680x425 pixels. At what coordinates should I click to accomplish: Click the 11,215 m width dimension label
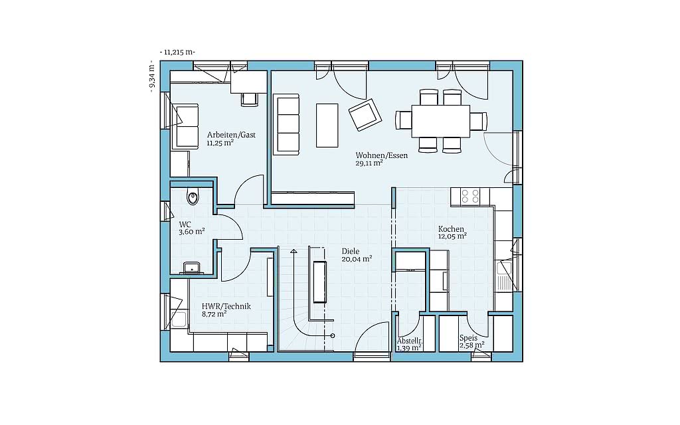[177, 52]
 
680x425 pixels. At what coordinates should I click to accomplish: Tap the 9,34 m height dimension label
[151, 76]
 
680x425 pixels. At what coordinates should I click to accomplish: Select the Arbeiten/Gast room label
[231, 135]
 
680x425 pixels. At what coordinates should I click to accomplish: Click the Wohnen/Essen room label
[382, 155]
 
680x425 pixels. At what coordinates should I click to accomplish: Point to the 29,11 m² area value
[369, 163]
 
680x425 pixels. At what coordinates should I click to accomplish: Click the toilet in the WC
[193, 197]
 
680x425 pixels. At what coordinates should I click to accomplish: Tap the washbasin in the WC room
[191, 268]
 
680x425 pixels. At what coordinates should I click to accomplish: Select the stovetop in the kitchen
[470, 196]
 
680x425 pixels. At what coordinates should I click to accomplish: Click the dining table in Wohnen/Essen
[441, 121]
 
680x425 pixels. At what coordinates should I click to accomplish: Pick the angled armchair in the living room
[365, 114]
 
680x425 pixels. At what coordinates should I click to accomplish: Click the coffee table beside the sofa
[327, 126]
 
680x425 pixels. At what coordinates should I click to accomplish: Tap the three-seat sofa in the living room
[286, 124]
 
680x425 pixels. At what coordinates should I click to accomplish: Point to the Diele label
[351, 252]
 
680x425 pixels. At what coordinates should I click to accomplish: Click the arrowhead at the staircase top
[294, 251]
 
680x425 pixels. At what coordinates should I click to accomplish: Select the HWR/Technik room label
[226, 307]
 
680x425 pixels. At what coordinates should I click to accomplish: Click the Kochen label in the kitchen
[451, 229]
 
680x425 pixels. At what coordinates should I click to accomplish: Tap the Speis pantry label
[468, 338]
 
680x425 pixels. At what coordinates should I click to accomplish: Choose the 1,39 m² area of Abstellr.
[409, 348]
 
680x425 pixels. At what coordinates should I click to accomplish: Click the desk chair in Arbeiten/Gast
[250, 100]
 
